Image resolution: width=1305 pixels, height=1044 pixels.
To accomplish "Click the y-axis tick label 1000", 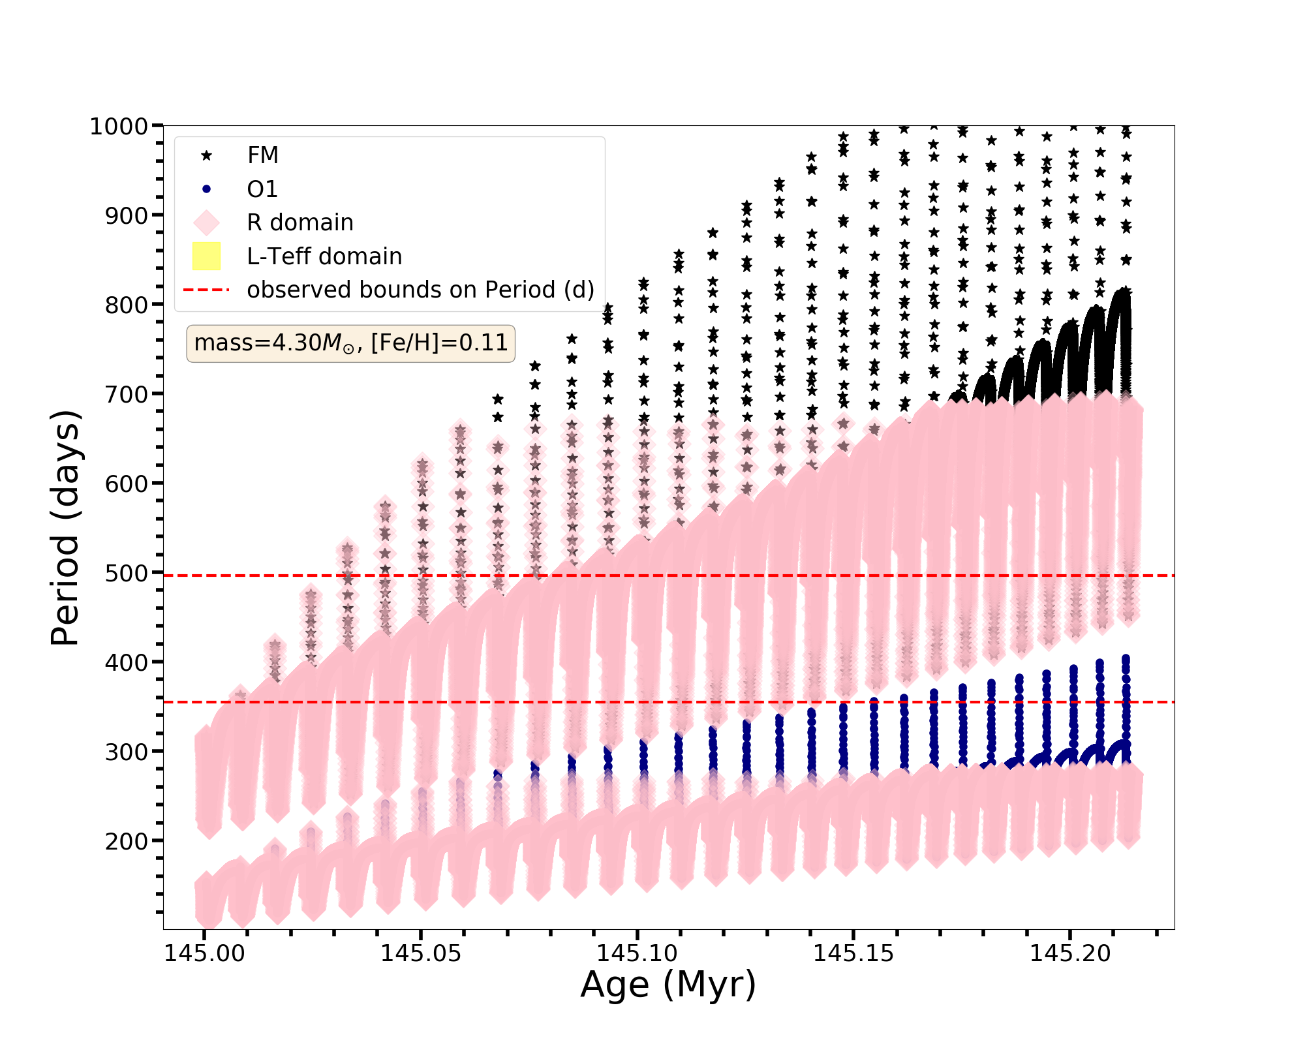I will point(119,126).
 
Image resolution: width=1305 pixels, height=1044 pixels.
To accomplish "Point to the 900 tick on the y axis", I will point(126,215).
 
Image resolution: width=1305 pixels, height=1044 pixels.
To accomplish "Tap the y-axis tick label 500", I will point(126,573).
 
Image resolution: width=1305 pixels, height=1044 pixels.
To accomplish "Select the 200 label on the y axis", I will point(126,841).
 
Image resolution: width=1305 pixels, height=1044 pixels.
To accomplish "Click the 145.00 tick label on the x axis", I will point(204,954).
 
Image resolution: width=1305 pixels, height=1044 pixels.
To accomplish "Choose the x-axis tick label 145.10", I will point(637,954).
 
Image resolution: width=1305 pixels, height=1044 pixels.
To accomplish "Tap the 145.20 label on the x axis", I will point(1070,954).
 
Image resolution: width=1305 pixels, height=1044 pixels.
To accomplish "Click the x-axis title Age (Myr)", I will point(668,985).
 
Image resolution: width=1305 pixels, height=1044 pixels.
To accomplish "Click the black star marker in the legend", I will point(206,155).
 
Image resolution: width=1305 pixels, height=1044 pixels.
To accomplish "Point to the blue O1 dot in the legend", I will point(206,189).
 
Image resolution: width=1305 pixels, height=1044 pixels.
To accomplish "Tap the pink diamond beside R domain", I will point(206,223).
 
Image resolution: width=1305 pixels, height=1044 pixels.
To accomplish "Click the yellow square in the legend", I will point(206,256).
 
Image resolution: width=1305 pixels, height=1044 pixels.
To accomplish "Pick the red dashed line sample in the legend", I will point(206,290).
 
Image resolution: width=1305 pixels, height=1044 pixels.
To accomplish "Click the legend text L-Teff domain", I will point(324,256).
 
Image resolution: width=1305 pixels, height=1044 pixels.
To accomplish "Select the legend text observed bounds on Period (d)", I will point(420,290).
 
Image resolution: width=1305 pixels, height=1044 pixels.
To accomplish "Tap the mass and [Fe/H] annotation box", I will point(350,343).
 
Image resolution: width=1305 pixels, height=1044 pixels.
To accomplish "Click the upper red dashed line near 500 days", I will point(718,576).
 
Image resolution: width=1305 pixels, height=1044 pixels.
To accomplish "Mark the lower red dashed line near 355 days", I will point(718,702).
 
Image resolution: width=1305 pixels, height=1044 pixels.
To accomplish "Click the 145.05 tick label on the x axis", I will point(421,954).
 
